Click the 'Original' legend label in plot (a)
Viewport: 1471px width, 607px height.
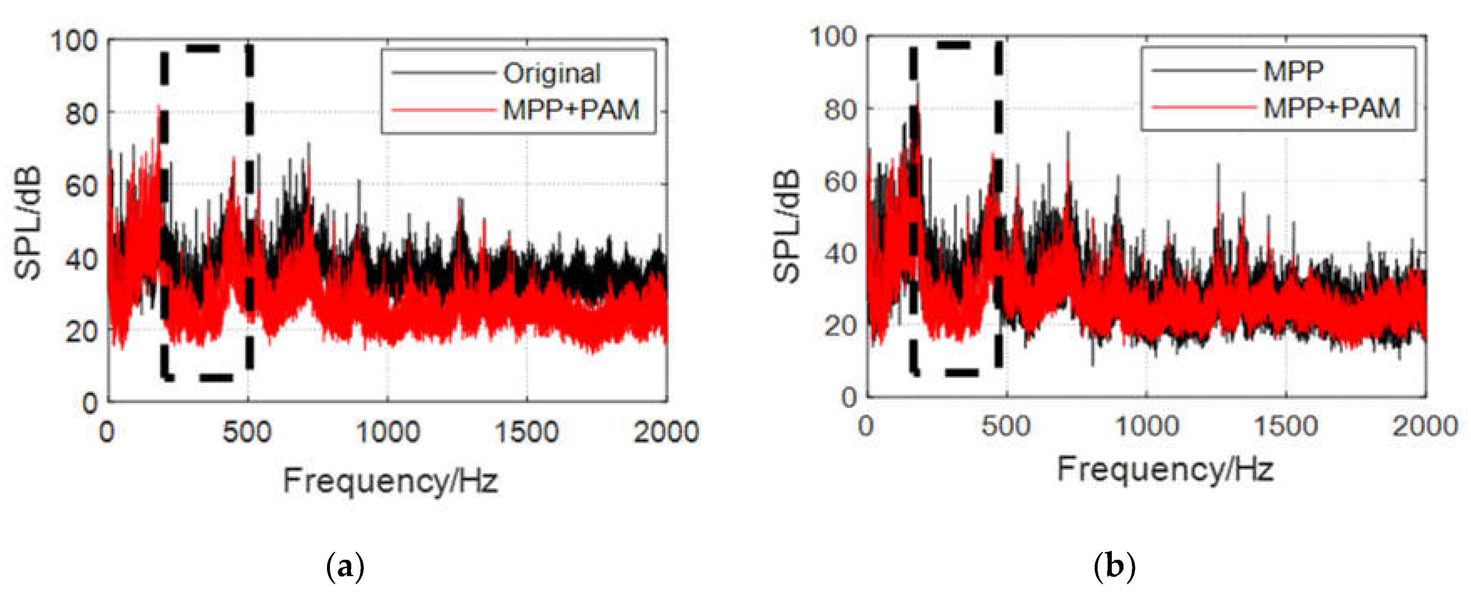(552, 73)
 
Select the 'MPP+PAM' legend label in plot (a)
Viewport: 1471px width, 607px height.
(571, 110)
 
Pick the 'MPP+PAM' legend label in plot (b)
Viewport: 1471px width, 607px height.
(1331, 108)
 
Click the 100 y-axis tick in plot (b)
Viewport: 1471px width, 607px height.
(833, 37)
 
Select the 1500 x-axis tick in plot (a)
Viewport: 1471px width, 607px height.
(526, 431)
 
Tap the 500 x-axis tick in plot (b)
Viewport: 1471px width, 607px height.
(1006, 426)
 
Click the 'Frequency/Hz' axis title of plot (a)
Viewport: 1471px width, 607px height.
(391, 480)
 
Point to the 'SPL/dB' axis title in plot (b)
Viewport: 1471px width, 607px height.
(787, 226)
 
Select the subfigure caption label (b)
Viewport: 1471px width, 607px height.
(1114, 567)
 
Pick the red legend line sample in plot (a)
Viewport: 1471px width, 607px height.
(443, 110)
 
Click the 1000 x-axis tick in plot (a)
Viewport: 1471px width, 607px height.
(388, 431)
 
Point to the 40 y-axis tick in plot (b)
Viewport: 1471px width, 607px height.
(841, 253)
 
